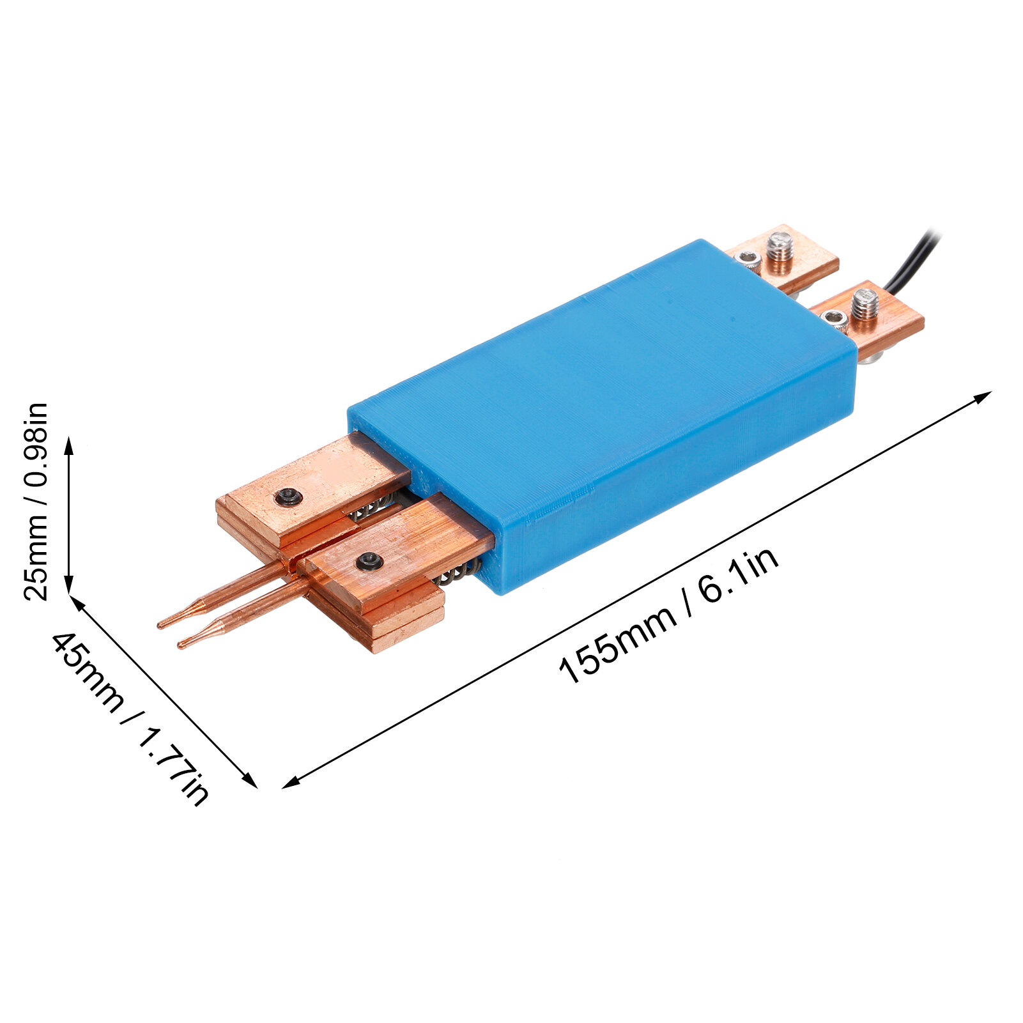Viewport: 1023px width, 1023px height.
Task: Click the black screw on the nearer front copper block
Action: coord(369,560)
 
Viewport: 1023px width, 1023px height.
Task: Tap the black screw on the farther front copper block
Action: coord(288,496)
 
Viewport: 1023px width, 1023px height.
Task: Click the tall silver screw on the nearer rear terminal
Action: coord(865,304)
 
